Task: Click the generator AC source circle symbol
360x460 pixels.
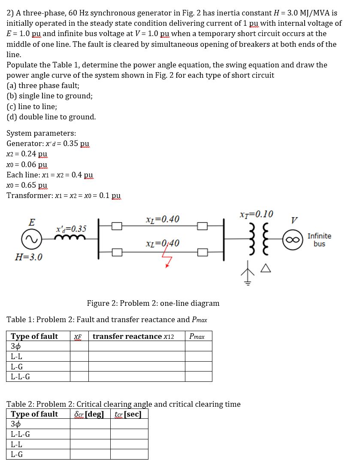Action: tap(31, 240)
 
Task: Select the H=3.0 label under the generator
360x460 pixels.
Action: tap(29, 258)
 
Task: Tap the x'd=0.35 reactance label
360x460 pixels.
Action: tap(71, 229)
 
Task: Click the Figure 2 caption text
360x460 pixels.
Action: tap(153, 303)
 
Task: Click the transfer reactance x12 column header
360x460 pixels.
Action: tap(133, 336)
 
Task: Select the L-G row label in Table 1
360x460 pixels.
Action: tap(17, 367)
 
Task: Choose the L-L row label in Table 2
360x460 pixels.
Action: tap(17, 444)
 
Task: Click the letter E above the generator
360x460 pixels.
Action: tap(31, 222)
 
